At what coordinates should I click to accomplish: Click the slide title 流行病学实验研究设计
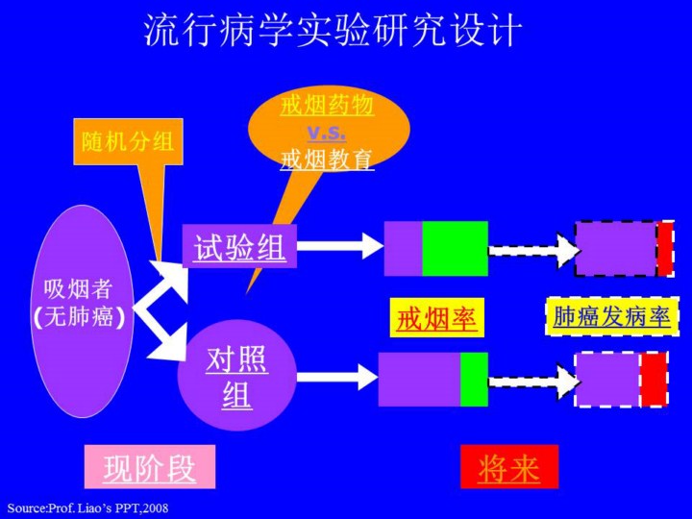click(x=333, y=33)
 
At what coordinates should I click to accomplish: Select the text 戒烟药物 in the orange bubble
click(x=327, y=105)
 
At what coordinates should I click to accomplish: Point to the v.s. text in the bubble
click(x=327, y=132)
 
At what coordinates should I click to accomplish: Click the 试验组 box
click(x=239, y=247)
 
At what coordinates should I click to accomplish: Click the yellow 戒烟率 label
click(x=437, y=318)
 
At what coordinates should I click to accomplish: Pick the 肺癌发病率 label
click(x=612, y=316)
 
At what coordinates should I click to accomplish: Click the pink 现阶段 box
click(x=149, y=468)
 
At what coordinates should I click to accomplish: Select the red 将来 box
click(x=508, y=468)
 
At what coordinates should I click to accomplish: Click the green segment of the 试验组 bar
click(x=455, y=248)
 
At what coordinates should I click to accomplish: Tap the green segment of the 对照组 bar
click(x=474, y=379)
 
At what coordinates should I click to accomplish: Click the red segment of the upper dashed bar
click(x=664, y=248)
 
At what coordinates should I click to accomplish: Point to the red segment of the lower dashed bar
click(x=654, y=379)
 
